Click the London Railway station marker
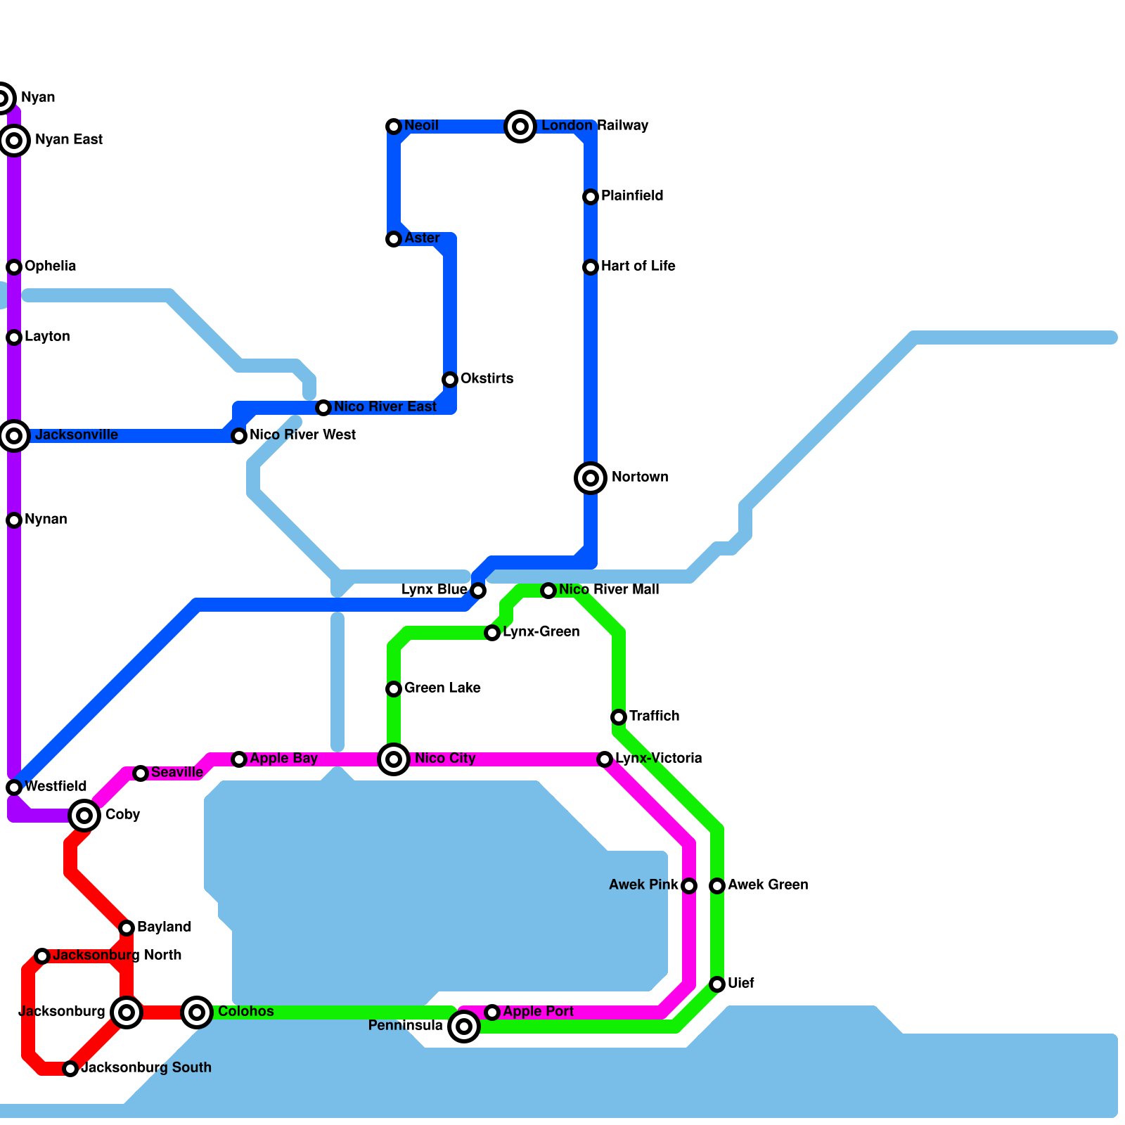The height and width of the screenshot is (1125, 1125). coord(520,127)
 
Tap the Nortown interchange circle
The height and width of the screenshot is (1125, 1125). coord(591,478)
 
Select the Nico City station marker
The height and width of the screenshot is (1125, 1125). coord(394,759)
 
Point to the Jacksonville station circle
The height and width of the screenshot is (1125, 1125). coord(14,436)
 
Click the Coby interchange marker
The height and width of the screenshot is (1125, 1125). coord(84,816)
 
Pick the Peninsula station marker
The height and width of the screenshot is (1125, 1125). coord(464,1027)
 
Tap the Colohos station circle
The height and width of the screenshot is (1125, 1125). coord(197,1012)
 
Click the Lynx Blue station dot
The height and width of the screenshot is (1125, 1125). coord(478,591)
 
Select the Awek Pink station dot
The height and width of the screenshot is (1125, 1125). coord(689,886)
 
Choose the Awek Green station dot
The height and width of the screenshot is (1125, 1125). coord(717,886)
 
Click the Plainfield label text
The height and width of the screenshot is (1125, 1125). coord(632,196)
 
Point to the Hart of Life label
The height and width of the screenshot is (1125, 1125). coord(638,266)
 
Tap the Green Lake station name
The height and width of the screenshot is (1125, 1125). coord(442,688)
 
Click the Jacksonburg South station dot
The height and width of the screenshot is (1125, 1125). coord(70,1069)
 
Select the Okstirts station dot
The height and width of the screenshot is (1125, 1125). coord(450,380)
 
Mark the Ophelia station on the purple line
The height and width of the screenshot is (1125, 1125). coord(14,267)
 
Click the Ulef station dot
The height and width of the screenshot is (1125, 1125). coord(717,984)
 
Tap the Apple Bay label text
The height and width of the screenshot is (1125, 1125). coord(283,759)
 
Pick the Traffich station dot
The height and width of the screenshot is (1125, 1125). coord(619,717)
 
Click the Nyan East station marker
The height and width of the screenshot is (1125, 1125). coord(14,141)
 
